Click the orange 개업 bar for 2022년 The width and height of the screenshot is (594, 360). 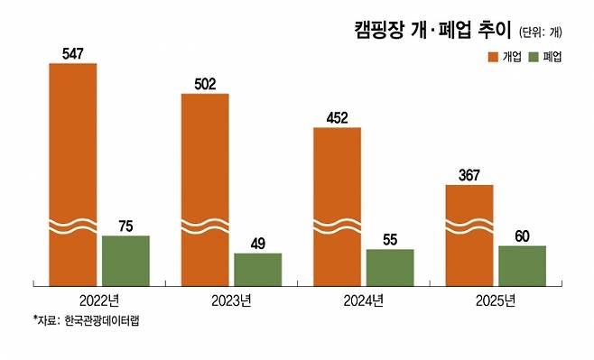(73, 171)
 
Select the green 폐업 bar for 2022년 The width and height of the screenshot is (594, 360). (125, 260)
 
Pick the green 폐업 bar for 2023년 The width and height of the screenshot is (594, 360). (257, 269)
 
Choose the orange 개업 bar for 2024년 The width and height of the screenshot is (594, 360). (338, 205)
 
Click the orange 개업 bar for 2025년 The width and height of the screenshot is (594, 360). (469, 234)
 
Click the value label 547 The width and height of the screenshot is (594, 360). (73, 54)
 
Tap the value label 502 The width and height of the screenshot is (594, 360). (205, 84)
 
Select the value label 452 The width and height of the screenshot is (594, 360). (338, 117)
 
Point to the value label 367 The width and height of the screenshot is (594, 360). (469, 175)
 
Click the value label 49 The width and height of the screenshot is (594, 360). (257, 244)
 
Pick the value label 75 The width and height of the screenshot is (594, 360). (125, 226)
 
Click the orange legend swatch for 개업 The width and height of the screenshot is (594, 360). (494, 57)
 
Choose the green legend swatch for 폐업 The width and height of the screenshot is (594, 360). (534, 57)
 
